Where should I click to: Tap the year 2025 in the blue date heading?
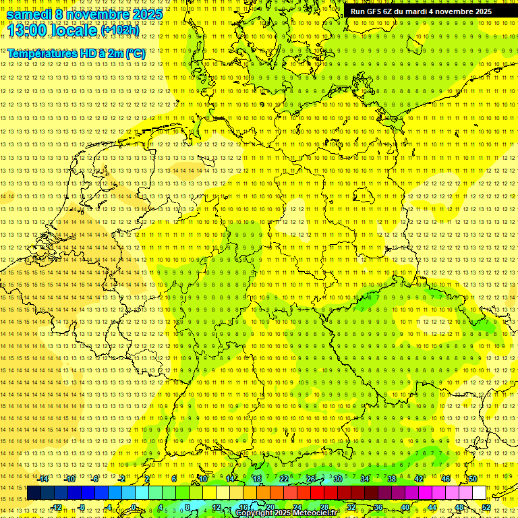(x=144, y=14)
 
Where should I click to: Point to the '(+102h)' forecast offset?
(x=120, y=30)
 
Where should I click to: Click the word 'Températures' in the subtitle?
(x=40, y=53)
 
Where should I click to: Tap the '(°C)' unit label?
(x=134, y=53)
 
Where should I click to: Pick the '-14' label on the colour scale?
(x=43, y=479)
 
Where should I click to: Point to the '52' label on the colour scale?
(x=486, y=507)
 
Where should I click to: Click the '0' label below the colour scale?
(x=134, y=507)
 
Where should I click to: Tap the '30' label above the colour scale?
(x=337, y=479)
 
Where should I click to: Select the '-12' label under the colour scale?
(x=57, y=507)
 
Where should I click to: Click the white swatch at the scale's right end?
(x=479, y=493)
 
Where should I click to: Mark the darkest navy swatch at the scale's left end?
(x=34, y=493)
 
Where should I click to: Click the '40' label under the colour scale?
(x=405, y=507)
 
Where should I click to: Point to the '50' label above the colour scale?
(x=473, y=479)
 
